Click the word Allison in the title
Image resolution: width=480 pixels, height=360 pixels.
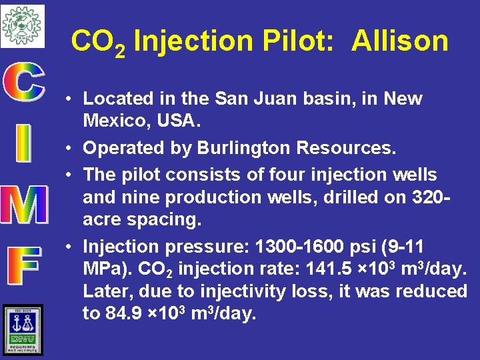click(x=400, y=41)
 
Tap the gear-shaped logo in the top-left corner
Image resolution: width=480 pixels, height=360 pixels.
click(x=22, y=25)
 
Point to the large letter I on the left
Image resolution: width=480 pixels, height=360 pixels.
click(x=23, y=144)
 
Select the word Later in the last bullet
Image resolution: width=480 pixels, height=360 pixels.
click(x=105, y=291)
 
